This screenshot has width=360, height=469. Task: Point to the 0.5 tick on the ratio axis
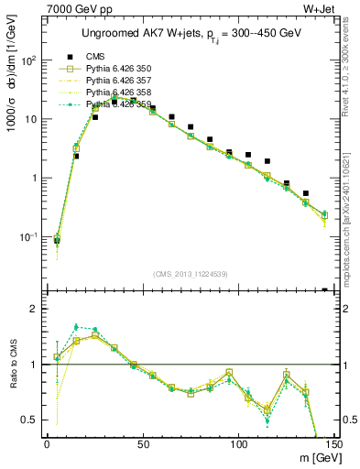click(x=32, y=420)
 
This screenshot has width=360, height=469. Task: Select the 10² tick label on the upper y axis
click(x=30, y=60)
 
